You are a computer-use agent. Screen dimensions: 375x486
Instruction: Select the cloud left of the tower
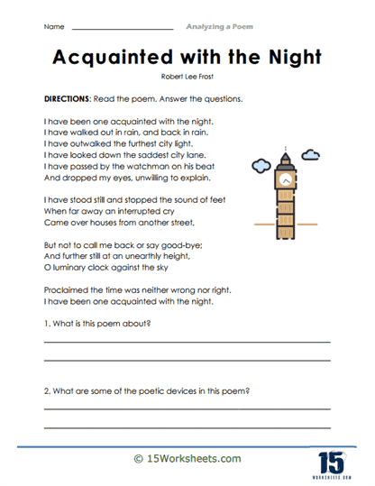click(x=261, y=166)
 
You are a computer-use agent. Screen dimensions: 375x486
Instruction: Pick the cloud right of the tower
click(x=311, y=157)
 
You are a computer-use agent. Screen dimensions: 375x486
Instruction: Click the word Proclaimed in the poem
click(x=66, y=290)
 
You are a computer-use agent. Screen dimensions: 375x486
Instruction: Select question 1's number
click(x=46, y=324)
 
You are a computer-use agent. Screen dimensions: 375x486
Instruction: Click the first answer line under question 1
click(x=187, y=342)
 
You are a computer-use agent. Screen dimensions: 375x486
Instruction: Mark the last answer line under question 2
click(x=187, y=426)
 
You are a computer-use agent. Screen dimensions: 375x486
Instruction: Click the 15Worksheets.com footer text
click(x=187, y=459)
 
